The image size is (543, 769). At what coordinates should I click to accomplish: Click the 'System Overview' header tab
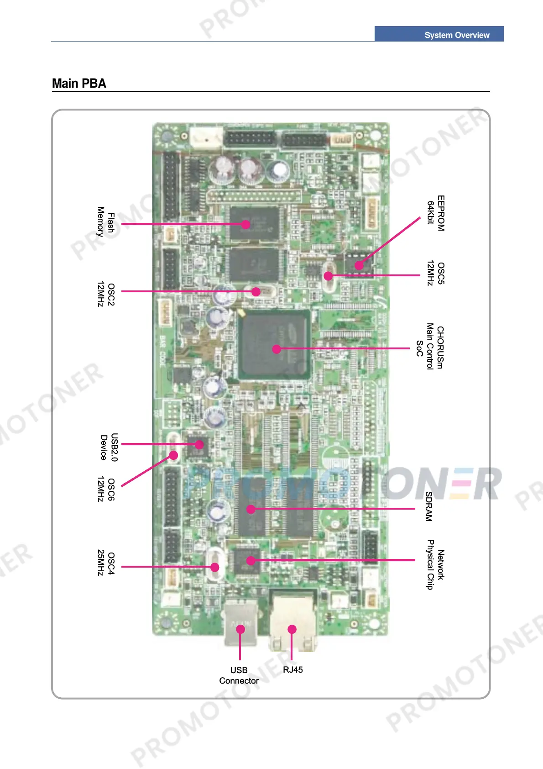tap(456, 35)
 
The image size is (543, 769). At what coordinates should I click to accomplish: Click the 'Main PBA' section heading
tap(79, 84)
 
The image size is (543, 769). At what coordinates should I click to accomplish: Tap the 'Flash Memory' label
tap(105, 222)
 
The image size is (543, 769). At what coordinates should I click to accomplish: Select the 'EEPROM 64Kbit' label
tap(435, 213)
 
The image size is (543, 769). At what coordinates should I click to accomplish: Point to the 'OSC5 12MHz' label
tap(435, 274)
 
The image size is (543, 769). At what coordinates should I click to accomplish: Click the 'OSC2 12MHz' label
tap(105, 294)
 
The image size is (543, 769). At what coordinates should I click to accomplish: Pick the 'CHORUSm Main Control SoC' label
tap(429, 347)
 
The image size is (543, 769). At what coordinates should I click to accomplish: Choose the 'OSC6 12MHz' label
tap(105, 490)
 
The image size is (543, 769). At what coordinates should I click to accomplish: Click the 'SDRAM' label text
tap(428, 506)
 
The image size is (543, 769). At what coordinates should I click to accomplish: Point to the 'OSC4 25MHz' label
tap(105, 563)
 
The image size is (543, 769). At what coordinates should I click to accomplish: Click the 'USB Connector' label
tap(239, 675)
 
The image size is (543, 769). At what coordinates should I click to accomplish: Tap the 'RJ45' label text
tap(292, 670)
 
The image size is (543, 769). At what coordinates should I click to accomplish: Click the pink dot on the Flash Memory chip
tap(246, 224)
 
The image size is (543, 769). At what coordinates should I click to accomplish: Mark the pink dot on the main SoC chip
tap(277, 349)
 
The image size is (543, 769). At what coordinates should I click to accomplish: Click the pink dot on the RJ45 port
tap(292, 629)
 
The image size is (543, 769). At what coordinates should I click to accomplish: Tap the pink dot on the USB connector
tap(240, 629)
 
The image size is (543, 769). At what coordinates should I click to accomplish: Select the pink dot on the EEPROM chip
tap(359, 265)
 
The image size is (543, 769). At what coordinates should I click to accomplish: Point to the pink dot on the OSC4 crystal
tap(215, 567)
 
